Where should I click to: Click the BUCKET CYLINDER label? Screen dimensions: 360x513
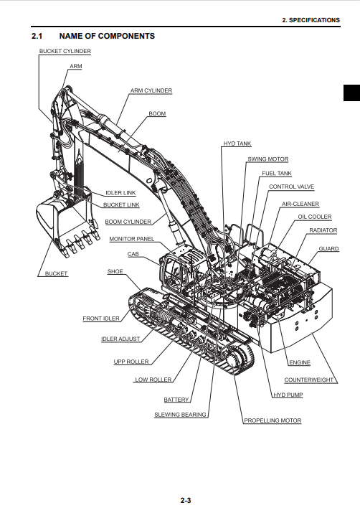point(65,51)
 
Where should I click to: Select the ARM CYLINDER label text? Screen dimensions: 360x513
point(151,90)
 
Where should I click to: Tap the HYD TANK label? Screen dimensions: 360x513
point(237,143)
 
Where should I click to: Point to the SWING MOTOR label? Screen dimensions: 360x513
point(267,159)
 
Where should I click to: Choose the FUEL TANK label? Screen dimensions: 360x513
point(277,173)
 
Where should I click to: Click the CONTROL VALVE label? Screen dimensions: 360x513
point(291,187)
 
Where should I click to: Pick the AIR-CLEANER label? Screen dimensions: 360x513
point(300,204)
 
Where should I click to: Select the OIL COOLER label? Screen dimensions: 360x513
point(315,217)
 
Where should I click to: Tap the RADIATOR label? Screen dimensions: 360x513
point(323,230)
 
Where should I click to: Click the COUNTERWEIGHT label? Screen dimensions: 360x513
point(308,380)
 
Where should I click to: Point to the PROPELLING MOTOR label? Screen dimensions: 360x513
point(273,420)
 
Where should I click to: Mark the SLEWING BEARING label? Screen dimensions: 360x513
point(180,415)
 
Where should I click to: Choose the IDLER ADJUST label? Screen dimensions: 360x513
point(120,339)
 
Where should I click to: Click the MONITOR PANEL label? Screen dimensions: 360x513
point(131,239)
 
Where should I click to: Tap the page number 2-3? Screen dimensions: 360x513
point(186,500)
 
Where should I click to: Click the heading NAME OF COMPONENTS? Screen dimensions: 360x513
point(107,36)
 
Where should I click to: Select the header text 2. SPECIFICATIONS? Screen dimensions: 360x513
point(311,20)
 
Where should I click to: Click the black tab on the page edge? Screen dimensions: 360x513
point(351,93)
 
